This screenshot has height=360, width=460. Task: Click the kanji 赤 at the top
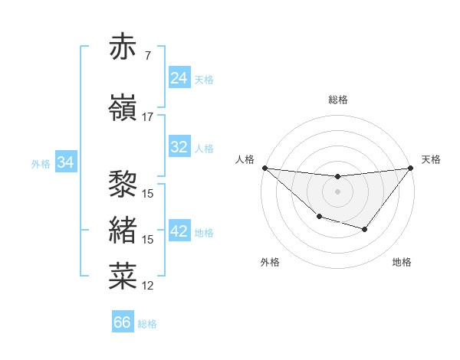tap(123, 47)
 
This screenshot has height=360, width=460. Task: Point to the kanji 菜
tap(123, 276)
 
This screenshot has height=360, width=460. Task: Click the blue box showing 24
tap(179, 78)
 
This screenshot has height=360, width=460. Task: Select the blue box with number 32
tap(179, 148)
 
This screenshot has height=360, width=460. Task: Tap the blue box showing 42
tap(179, 232)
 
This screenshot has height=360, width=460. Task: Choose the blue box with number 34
tap(66, 162)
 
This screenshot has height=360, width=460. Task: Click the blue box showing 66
tap(123, 322)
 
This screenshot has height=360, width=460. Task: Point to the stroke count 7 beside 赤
tap(147, 56)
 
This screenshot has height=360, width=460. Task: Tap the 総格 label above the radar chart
tap(337, 100)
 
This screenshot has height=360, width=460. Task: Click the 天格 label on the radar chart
tap(431, 159)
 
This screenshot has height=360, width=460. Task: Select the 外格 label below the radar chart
tap(269, 262)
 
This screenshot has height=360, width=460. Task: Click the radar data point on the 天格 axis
tap(411, 168)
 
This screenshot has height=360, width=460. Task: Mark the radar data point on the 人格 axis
tap(264, 168)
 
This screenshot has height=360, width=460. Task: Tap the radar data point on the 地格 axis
tap(365, 229)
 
